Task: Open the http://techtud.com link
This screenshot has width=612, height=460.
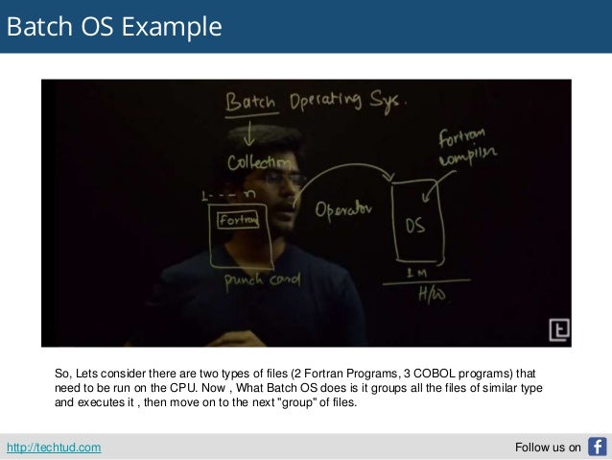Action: [x=53, y=448]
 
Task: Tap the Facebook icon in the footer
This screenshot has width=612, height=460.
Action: [x=597, y=447]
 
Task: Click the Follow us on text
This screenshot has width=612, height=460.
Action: [x=548, y=448]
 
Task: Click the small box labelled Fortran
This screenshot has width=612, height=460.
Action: [x=240, y=220]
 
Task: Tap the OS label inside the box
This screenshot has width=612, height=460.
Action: [x=413, y=226]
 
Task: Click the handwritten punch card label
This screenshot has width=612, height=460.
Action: [x=261, y=280]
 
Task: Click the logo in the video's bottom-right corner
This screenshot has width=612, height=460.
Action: [x=558, y=330]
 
